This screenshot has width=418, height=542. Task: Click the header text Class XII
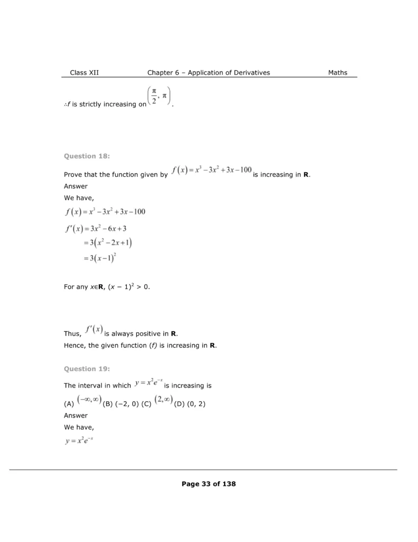point(84,73)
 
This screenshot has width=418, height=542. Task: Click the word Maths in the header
point(338,73)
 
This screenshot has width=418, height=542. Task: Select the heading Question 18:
point(87,156)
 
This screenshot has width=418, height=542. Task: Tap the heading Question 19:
point(87,368)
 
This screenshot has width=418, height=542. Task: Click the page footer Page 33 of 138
point(209,484)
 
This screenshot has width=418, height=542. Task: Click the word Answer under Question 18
point(76,186)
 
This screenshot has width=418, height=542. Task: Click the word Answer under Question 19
point(76,415)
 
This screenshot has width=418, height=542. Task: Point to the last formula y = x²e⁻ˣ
point(79,440)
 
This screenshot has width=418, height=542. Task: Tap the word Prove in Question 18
point(73,175)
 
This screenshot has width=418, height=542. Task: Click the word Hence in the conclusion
point(75,346)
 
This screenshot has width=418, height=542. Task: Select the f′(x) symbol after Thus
point(93,330)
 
